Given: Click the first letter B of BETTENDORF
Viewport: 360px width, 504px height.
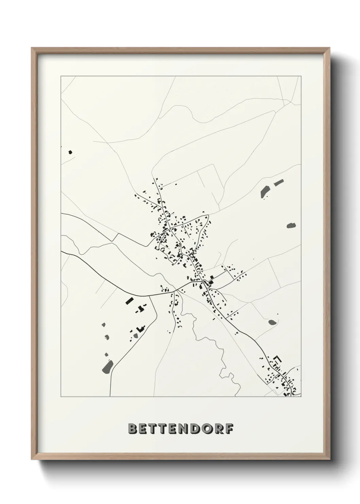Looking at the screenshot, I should (x=132, y=429).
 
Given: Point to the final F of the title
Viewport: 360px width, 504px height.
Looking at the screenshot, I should (x=230, y=429).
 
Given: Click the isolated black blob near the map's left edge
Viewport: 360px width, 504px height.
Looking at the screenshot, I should (x=71, y=152).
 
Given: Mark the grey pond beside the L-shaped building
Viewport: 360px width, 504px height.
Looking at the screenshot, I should (x=136, y=335).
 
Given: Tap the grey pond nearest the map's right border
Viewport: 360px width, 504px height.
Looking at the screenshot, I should (x=291, y=225).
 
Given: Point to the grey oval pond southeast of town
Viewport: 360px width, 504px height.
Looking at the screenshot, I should (x=272, y=321).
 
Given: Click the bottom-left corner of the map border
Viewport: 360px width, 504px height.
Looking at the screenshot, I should (x=61, y=397).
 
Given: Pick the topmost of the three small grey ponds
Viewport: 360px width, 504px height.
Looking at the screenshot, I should (x=104, y=325).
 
